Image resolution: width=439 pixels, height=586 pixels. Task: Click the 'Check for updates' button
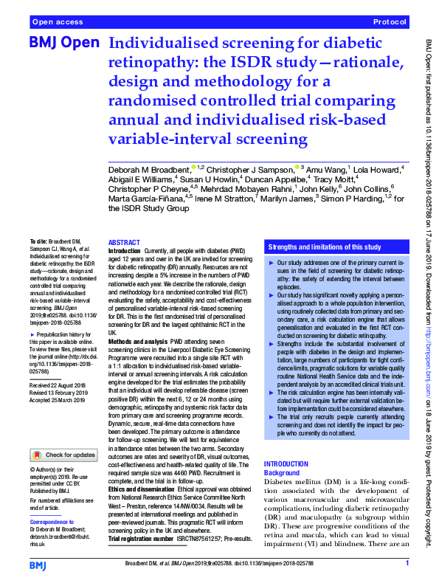pyautogui.click(x=63, y=455)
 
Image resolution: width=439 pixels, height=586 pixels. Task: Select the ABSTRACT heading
pyautogui.click(x=123, y=241)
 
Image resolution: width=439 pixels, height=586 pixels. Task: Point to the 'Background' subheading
pyautogui.click(x=282, y=472)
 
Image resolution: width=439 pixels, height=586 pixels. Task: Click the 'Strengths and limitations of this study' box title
pyautogui.click(x=325, y=247)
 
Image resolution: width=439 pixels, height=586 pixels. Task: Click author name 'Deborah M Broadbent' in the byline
pyautogui.click(x=149, y=169)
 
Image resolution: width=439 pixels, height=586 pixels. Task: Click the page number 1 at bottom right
pyautogui.click(x=407, y=563)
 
